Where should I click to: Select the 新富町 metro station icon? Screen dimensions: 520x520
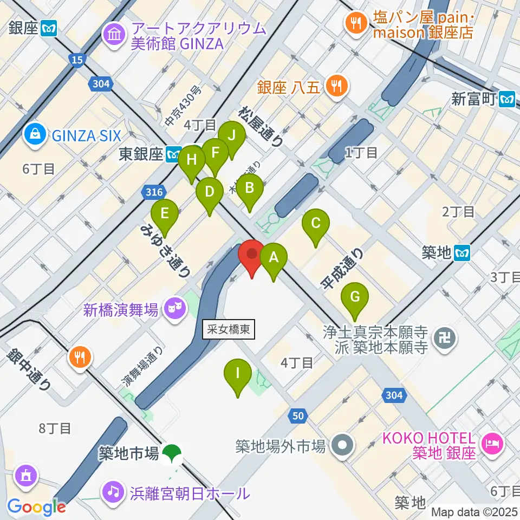point(508,99)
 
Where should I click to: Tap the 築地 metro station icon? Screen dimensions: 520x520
point(462,252)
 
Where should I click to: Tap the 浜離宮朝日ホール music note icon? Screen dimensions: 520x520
point(112,492)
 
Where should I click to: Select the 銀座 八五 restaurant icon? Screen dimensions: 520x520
point(337,87)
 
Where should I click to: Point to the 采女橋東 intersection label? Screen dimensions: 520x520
point(228,329)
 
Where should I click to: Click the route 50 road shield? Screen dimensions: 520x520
point(297,416)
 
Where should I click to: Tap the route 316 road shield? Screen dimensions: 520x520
point(152,191)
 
